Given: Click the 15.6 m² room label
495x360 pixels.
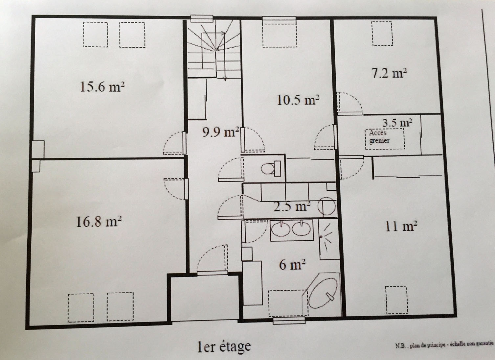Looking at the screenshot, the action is [102, 86].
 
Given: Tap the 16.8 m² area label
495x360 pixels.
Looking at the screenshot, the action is [99, 222].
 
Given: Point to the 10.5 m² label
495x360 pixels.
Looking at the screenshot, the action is [298, 100].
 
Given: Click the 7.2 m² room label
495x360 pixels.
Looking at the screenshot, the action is [389, 73].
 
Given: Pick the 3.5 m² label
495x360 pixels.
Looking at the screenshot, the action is [397, 123].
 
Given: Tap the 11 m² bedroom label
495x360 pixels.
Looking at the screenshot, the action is [401, 226].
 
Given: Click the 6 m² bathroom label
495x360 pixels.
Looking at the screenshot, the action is [292, 265].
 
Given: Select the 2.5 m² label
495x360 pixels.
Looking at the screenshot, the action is [292, 206].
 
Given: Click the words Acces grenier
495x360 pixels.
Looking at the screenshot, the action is [379, 137].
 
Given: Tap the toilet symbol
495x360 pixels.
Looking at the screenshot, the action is [271, 169].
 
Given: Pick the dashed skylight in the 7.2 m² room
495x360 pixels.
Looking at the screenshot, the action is [383, 34].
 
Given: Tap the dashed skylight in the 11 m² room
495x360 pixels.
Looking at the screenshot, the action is [397, 300].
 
